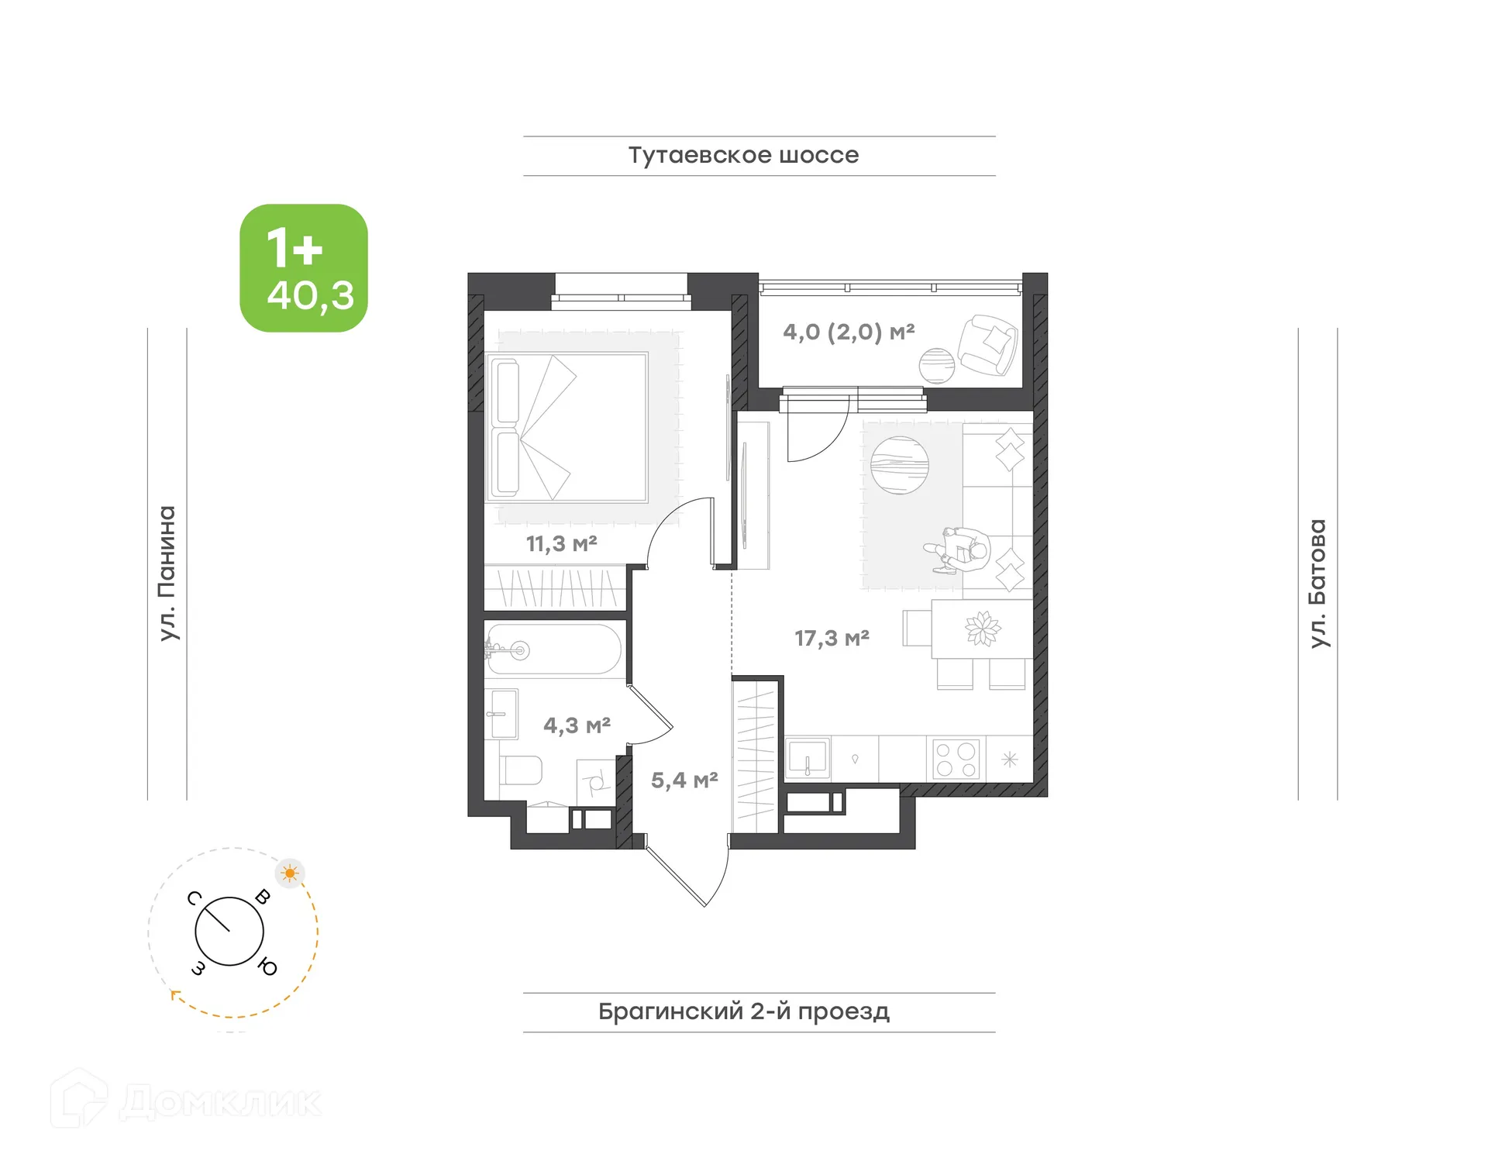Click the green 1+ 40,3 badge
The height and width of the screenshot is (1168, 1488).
[304, 268]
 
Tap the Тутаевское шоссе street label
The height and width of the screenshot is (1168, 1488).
[742, 155]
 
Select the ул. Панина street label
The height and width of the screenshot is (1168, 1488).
[167, 573]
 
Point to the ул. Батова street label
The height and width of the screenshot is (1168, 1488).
[1317, 583]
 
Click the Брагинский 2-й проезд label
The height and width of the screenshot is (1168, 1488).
[743, 1011]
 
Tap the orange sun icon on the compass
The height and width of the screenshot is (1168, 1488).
[290, 873]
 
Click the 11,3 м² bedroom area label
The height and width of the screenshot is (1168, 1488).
[561, 543]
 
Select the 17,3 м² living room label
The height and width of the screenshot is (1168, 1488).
[831, 639]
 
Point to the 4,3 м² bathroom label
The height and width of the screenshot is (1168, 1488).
[576, 725]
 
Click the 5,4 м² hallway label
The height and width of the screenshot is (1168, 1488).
[684, 780]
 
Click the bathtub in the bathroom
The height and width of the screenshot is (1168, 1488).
[554, 649]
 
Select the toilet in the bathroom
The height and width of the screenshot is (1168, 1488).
[522, 770]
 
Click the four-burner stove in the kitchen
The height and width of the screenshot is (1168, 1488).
[955, 760]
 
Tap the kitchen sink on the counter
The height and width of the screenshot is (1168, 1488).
[808, 757]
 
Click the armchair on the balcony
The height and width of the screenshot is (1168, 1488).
[987, 345]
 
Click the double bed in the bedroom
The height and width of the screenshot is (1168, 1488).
[567, 427]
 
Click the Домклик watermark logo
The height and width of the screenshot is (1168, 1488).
[186, 1101]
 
